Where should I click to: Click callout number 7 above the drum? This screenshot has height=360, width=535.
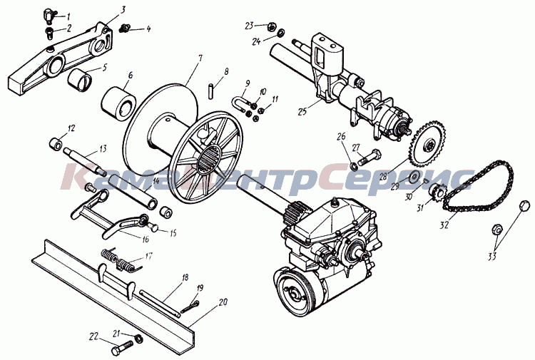coord(200,58)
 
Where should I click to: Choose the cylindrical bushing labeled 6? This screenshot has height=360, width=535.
coord(118,101)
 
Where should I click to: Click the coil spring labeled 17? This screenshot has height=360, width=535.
coord(121,261)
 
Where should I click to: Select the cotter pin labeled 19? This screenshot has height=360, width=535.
coord(189,306)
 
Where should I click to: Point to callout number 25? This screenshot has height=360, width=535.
coord(302,111)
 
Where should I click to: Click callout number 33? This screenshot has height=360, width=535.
coord(491,257)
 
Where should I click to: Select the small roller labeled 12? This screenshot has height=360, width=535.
coord(55,143)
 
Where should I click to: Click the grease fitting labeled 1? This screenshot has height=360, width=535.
coord(48,15)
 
